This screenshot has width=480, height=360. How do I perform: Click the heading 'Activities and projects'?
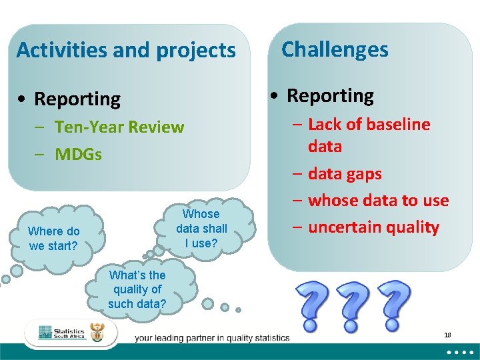pos(126,50)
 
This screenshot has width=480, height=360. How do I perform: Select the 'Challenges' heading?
pos(335,49)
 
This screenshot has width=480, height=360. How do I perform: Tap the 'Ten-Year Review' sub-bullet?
pos(119,127)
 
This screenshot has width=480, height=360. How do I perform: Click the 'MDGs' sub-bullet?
pos(78,155)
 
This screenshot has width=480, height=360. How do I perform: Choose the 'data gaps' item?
pos(345,173)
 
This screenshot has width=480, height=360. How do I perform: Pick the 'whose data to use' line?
pos(378,200)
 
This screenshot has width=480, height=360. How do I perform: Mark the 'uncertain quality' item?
pos(373,227)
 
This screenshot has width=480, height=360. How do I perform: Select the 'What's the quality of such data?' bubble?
pos(137,289)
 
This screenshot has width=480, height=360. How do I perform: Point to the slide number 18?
pos(447,334)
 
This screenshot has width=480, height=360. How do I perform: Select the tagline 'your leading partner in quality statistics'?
pos(212,338)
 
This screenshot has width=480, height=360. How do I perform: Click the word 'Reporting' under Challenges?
pos(330,95)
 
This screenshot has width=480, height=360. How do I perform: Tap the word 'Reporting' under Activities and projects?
pos(77,99)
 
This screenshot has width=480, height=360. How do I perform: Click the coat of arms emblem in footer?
pos(97,334)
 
